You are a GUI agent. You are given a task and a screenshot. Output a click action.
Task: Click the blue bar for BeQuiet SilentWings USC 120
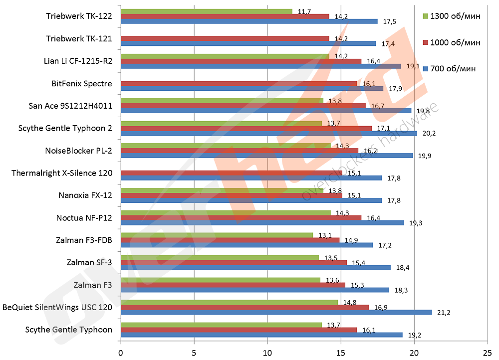276,312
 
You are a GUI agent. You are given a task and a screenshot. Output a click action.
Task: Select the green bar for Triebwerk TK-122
207,11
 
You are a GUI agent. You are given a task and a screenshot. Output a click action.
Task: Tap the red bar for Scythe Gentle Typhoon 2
246,128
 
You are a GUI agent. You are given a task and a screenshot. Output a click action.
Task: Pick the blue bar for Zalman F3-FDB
247,245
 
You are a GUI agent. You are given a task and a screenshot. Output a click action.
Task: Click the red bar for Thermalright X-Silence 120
231,173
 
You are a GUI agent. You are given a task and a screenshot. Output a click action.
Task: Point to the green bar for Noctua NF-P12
226,213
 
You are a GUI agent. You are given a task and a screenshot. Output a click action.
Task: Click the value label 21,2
444,313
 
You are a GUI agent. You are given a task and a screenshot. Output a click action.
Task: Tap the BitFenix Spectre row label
82,83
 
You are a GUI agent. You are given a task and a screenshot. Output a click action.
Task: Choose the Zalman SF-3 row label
89,262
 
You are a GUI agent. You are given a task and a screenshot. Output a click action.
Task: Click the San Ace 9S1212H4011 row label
71,106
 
